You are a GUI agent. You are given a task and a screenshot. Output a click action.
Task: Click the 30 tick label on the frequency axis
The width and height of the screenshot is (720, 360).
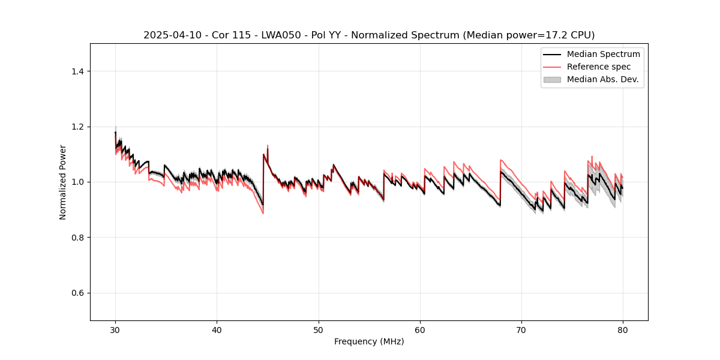(115, 329)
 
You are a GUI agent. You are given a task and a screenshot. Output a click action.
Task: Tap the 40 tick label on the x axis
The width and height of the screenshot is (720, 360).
(217, 329)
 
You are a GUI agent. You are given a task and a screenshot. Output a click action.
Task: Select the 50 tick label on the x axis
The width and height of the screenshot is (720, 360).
(319, 329)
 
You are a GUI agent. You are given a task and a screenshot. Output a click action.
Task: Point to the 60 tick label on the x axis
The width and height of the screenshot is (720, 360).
(420, 329)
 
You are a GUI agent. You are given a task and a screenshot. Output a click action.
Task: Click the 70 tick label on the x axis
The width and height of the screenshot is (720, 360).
(521, 329)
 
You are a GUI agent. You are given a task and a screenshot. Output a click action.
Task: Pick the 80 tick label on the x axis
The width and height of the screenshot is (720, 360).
(623, 329)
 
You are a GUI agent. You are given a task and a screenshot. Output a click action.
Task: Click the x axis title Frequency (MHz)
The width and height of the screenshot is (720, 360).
(369, 341)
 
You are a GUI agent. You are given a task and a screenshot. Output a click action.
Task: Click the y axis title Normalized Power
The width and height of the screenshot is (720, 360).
(63, 182)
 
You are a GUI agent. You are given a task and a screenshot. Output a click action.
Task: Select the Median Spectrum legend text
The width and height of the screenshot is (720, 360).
(603, 54)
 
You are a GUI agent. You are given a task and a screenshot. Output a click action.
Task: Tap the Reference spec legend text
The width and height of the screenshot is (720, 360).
(598, 67)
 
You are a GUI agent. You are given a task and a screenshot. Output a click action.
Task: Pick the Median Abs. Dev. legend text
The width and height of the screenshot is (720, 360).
(603, 79)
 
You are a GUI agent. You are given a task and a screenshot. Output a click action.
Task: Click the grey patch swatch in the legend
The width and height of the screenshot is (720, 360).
(551, 79)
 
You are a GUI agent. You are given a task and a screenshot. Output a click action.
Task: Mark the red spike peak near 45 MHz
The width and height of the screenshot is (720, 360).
(268, 145)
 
